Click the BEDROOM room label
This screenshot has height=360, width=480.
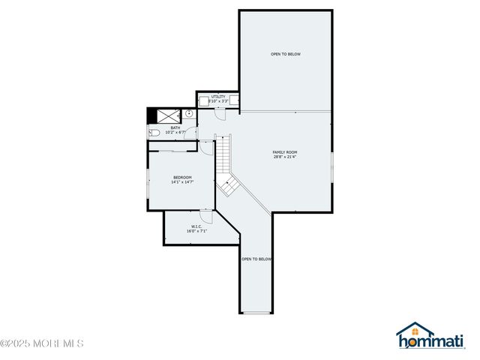(183, 178)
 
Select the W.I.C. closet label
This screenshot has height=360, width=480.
(196, 226)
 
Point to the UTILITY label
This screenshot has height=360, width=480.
(218, 97)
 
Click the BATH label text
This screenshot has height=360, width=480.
(175, 128)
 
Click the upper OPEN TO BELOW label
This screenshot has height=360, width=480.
(286, 54)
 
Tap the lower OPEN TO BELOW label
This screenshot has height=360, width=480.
(256, 259)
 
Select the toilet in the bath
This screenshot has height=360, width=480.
(153, 133)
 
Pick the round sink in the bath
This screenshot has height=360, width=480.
(189, 115)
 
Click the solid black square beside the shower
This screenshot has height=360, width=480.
(151, 115)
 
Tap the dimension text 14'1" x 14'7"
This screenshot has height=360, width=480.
(183, 182)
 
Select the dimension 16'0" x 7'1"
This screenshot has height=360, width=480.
(196, 231)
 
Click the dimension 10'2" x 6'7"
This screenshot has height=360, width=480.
(175, 133)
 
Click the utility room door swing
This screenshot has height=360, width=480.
(220, 114)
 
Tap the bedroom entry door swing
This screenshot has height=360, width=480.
(205, 148)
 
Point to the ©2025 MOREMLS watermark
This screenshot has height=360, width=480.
(42, 343)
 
